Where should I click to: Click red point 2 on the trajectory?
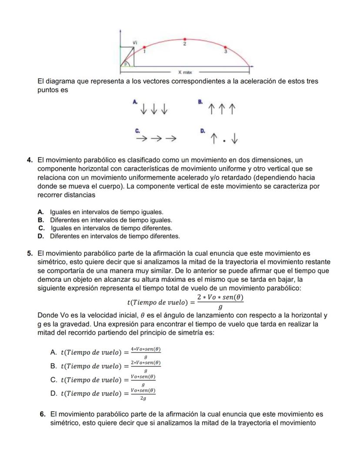click(185, 39)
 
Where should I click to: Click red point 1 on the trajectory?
click(144, 47)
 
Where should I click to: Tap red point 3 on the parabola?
click(225, 47)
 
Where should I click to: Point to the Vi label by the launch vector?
click(135, 42)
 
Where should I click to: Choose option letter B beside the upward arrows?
click(200, 101)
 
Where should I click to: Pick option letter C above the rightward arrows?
click(137, 131)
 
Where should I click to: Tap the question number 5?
click(30, 253)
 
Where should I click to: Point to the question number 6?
click(43, 414)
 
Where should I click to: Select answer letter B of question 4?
click(41, 220)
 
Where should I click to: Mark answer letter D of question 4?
click(41, 236)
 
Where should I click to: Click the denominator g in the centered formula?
click(220, 307)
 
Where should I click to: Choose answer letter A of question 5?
click(54, 352)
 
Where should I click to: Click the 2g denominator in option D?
click(143, 398)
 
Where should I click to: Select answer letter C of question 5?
click(54, 379)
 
